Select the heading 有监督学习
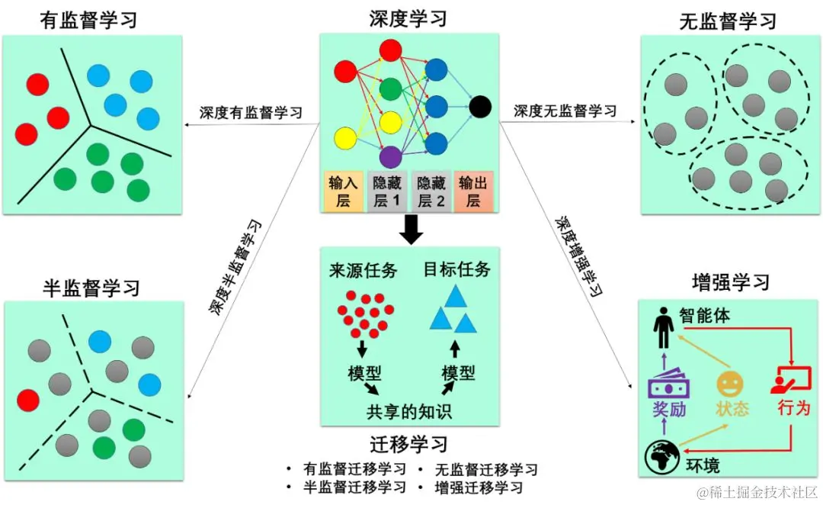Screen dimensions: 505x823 [x=89, y=19]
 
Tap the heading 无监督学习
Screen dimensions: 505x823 [x=728, y=21]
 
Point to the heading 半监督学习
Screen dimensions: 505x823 [x=91, y=287]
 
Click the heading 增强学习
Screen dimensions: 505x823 [x=730, y=283]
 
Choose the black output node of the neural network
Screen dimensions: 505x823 [x=479, y=107]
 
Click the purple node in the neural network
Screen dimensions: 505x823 [x=390, y=156]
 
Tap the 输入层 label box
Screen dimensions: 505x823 [x=343, y=191]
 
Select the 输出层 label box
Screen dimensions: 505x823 [x=473, y=191]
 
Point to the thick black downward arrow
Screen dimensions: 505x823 [x=411, y=229]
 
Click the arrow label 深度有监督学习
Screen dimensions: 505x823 [x=251, y=113]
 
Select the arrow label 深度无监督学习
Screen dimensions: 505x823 [x=565, y=111]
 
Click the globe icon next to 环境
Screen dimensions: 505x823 [x=660, y=456]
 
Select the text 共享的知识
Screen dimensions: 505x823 [x=409, y=412]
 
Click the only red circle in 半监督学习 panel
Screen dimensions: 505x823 [x=28, y=400]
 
